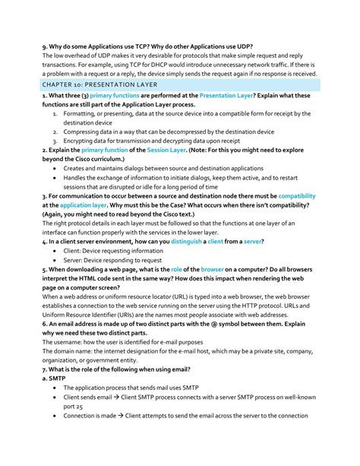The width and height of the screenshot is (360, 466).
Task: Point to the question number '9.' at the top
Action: pyautogui.click(x=46, y=46)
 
